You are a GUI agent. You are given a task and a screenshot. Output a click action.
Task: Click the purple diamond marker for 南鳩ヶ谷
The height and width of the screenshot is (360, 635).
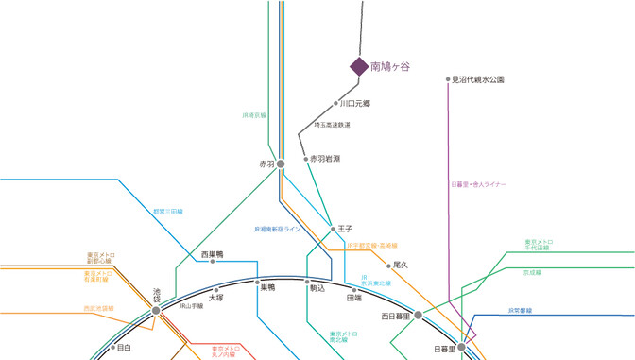[359, 66]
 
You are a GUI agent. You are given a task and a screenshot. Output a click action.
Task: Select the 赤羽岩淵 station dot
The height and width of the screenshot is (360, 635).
[306, 160]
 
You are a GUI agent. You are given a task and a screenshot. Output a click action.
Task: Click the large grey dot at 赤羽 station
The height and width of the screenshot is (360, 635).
[281, 164]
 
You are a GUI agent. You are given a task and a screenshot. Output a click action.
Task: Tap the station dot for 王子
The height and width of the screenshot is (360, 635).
[331, 229]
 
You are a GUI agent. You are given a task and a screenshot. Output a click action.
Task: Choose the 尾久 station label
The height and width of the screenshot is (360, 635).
[400, 266]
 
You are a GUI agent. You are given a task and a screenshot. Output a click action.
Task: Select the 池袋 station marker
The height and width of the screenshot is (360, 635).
[156, 309]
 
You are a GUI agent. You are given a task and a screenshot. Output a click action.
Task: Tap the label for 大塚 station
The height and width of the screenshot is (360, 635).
[216, 298]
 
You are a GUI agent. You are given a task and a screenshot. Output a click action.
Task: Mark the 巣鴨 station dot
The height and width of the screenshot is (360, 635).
[257, 280]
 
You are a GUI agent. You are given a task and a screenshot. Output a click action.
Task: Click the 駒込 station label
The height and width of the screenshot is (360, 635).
[317, 288]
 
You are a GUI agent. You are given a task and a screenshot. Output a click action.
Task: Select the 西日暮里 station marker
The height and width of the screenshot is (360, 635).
[419, 316]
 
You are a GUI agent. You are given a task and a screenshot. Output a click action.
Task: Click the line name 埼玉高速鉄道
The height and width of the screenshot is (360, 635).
[332, 125]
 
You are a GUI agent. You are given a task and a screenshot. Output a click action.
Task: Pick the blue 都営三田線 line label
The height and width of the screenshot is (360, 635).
[168, 211]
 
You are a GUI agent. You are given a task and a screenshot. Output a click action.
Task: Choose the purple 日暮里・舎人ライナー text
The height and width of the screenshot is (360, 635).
[480, 183]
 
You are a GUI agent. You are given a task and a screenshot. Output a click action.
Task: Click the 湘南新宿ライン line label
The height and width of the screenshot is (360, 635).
[277, 229]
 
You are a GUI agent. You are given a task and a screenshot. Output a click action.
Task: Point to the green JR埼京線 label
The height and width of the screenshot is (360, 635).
[254, 114]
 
